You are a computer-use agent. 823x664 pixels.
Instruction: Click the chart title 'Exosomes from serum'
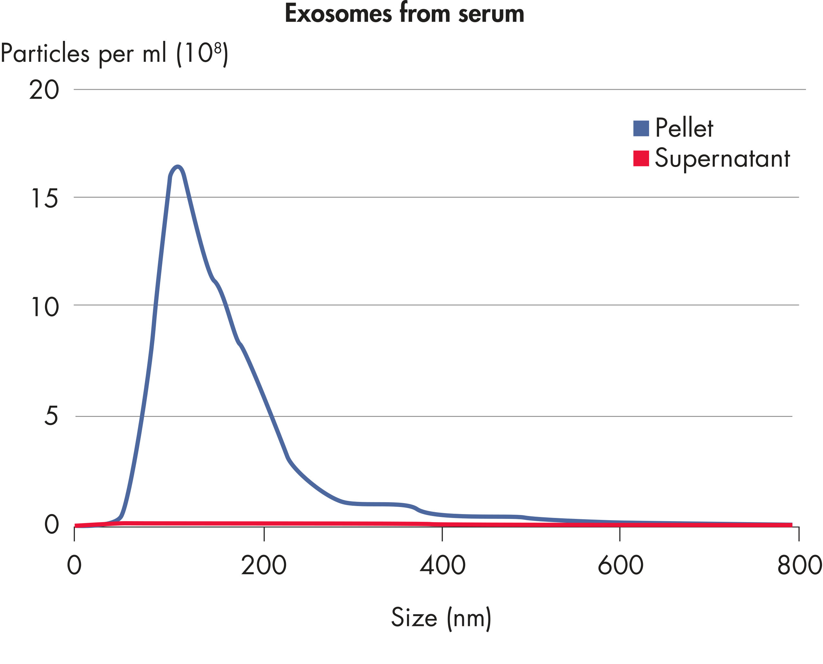404,14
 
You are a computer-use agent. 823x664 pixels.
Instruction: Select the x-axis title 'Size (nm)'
441,617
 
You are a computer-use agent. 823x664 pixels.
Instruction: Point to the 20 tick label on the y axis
44,90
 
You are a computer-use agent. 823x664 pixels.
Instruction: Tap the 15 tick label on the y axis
44,198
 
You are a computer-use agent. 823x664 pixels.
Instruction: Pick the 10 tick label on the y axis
44,307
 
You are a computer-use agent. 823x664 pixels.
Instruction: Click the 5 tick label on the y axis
51,415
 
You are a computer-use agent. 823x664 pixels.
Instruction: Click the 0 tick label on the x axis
74,565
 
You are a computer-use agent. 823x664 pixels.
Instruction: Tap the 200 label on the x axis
264,565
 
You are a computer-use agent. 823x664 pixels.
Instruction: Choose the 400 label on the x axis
443,565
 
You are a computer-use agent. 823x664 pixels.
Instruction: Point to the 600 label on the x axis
620,565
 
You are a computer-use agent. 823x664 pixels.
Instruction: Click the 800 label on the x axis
799,565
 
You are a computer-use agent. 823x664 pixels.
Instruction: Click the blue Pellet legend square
641,128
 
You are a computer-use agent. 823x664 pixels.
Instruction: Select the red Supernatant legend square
641,158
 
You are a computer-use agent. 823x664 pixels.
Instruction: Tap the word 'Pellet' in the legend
684,128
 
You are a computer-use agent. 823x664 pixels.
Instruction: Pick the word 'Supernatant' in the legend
722,158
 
